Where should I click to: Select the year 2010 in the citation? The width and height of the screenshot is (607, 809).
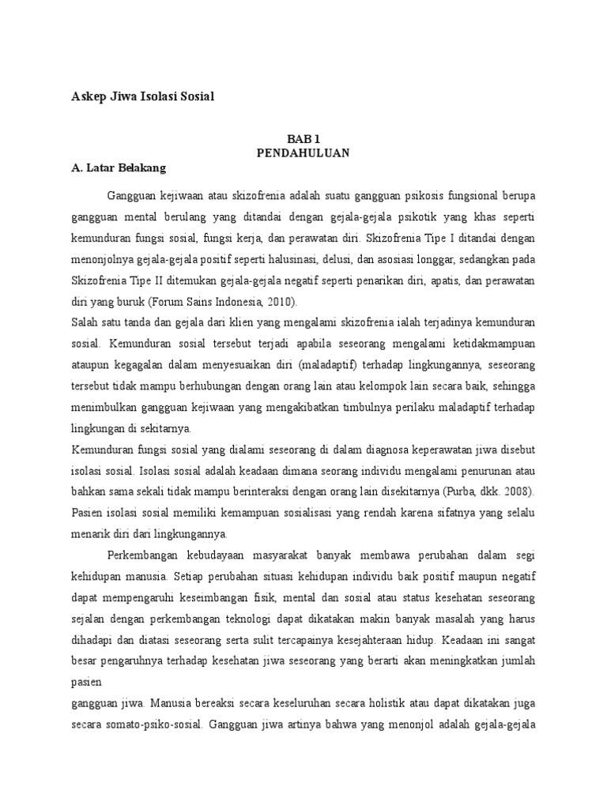click(x=277, y=303)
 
